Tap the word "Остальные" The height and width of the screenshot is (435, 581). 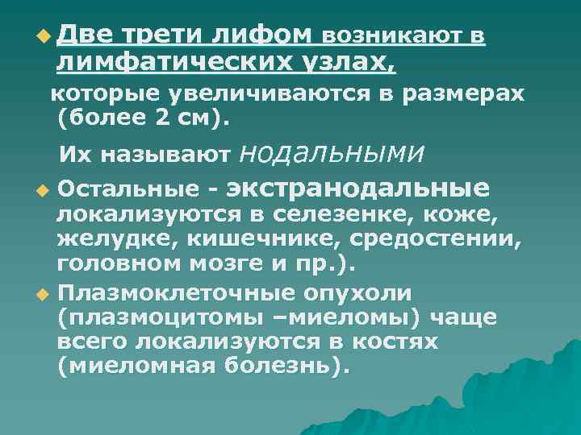point(128,190)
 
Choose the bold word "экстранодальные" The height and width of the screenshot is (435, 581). point(358,188)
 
